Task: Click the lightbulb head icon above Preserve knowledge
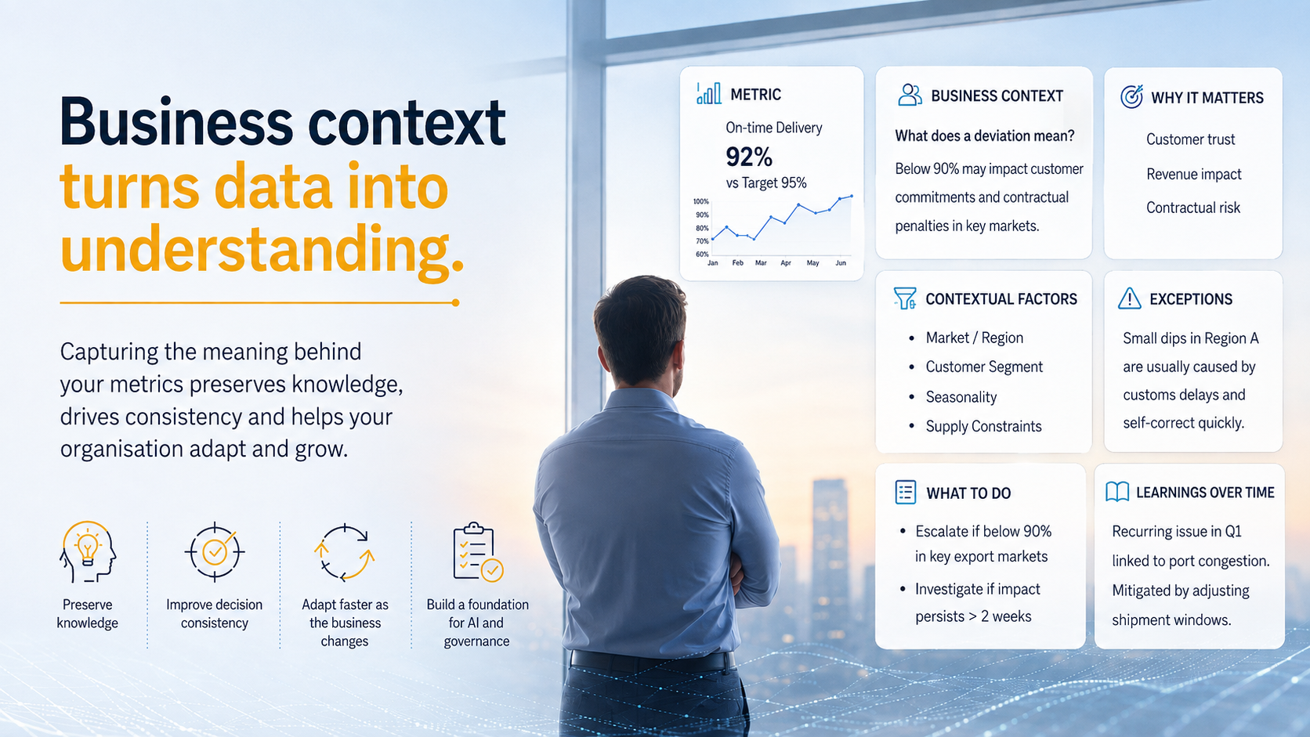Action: coord(87,551)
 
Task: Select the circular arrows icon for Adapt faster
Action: coord(345,552)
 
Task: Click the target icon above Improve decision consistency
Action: coord(215,551)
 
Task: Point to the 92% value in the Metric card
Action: coord(749,157)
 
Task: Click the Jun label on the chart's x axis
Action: coord(841,263)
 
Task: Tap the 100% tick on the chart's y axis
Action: coord(700,201)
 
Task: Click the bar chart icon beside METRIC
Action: coord(709,93)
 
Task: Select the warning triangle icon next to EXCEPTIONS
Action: coord(1129,298)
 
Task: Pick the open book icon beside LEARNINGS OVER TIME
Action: coord(1117,492)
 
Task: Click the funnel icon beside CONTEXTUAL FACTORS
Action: coord(905,298)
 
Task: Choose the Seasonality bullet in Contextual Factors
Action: coord(961,397)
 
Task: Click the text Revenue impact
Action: coord(1193,174)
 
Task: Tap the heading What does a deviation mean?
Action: coord(985,136)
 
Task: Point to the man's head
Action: coord(640,331)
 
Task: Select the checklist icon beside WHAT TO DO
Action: coord(905,492)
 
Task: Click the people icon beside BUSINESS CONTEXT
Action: coord(910,95)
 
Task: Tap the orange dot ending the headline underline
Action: coord(455,303)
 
